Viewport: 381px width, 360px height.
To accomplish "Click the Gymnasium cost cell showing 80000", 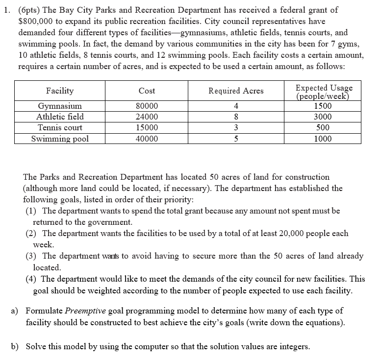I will [x=147, y=106].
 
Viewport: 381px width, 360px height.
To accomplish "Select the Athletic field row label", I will [x=60, y=117].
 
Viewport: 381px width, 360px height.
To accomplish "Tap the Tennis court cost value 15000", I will [x=147, y=128].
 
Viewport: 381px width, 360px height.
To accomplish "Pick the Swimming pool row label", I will [x=60, y=139].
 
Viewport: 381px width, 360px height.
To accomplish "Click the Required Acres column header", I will [x=236, y=91].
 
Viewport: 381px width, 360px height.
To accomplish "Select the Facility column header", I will [x=60, y=91].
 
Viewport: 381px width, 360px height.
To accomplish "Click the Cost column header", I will [x=147, y=91].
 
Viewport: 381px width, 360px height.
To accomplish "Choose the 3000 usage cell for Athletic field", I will [x=323, y=117].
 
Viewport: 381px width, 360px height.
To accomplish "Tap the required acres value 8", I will [x=236, y=117].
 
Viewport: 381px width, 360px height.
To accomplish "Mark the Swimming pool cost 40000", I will [x=147, y=139].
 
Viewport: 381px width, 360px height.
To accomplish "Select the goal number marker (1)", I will [x=32, y=211].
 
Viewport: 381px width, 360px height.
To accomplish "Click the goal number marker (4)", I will [x=32, y=279].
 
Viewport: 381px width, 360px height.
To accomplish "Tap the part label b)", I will [x=15, y=346].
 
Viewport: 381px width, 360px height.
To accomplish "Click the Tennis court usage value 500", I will [x=323, y=128].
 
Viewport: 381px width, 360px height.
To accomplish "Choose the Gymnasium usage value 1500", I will [x=323, y=106].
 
